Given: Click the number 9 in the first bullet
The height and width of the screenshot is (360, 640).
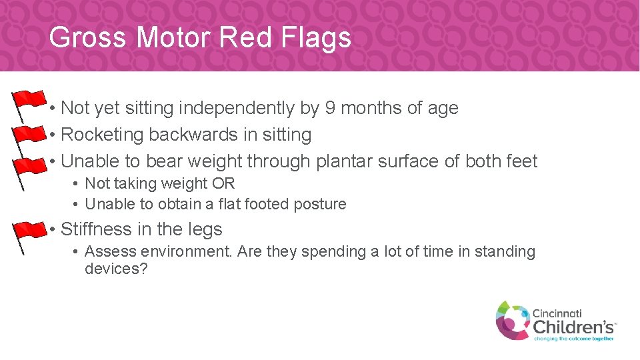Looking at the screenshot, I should [x=331, y=108].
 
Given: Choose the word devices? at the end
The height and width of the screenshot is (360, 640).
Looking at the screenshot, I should [x=116, y=269].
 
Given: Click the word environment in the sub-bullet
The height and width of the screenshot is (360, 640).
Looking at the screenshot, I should [x=182, y=252].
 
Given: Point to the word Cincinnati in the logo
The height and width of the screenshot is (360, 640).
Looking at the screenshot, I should [x=557, y=313].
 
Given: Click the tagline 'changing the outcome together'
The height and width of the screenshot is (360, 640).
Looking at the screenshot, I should [x=573, y=338].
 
